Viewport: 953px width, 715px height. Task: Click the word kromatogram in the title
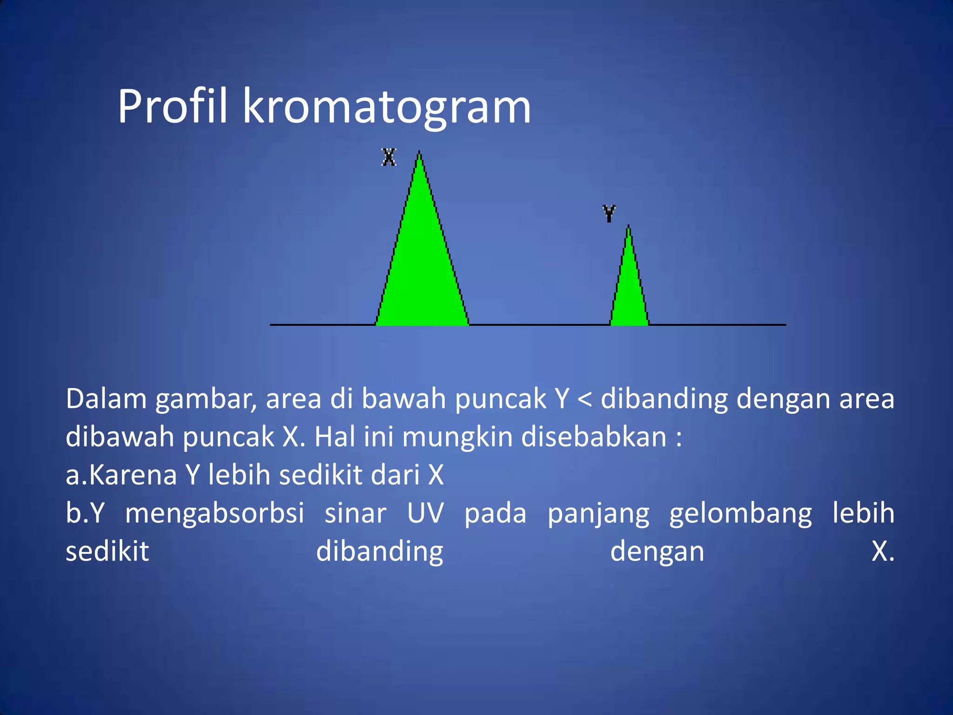pos(386,108)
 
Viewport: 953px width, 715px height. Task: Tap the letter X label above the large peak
pos(389,157)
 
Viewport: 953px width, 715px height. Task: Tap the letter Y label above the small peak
pos(609,213)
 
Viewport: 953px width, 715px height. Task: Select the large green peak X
pos(421,270)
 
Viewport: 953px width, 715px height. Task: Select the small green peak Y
pos(629,293)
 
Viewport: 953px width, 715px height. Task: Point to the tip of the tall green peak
pos(419,153)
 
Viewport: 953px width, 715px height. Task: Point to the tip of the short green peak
pos(629,227)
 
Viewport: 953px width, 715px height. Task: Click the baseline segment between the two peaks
pos(540,324)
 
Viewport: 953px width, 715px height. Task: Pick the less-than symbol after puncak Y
pos(584,399)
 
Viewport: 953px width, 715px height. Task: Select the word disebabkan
pos(594,438)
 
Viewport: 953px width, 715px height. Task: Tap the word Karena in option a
pos(133,475)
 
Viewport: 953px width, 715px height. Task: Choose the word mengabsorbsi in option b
pos(215,513)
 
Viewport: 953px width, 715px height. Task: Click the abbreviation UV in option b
pos(425,513)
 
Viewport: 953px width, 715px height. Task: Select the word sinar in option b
pos(356,513)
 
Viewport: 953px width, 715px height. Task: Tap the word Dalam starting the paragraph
pos(106,399)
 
